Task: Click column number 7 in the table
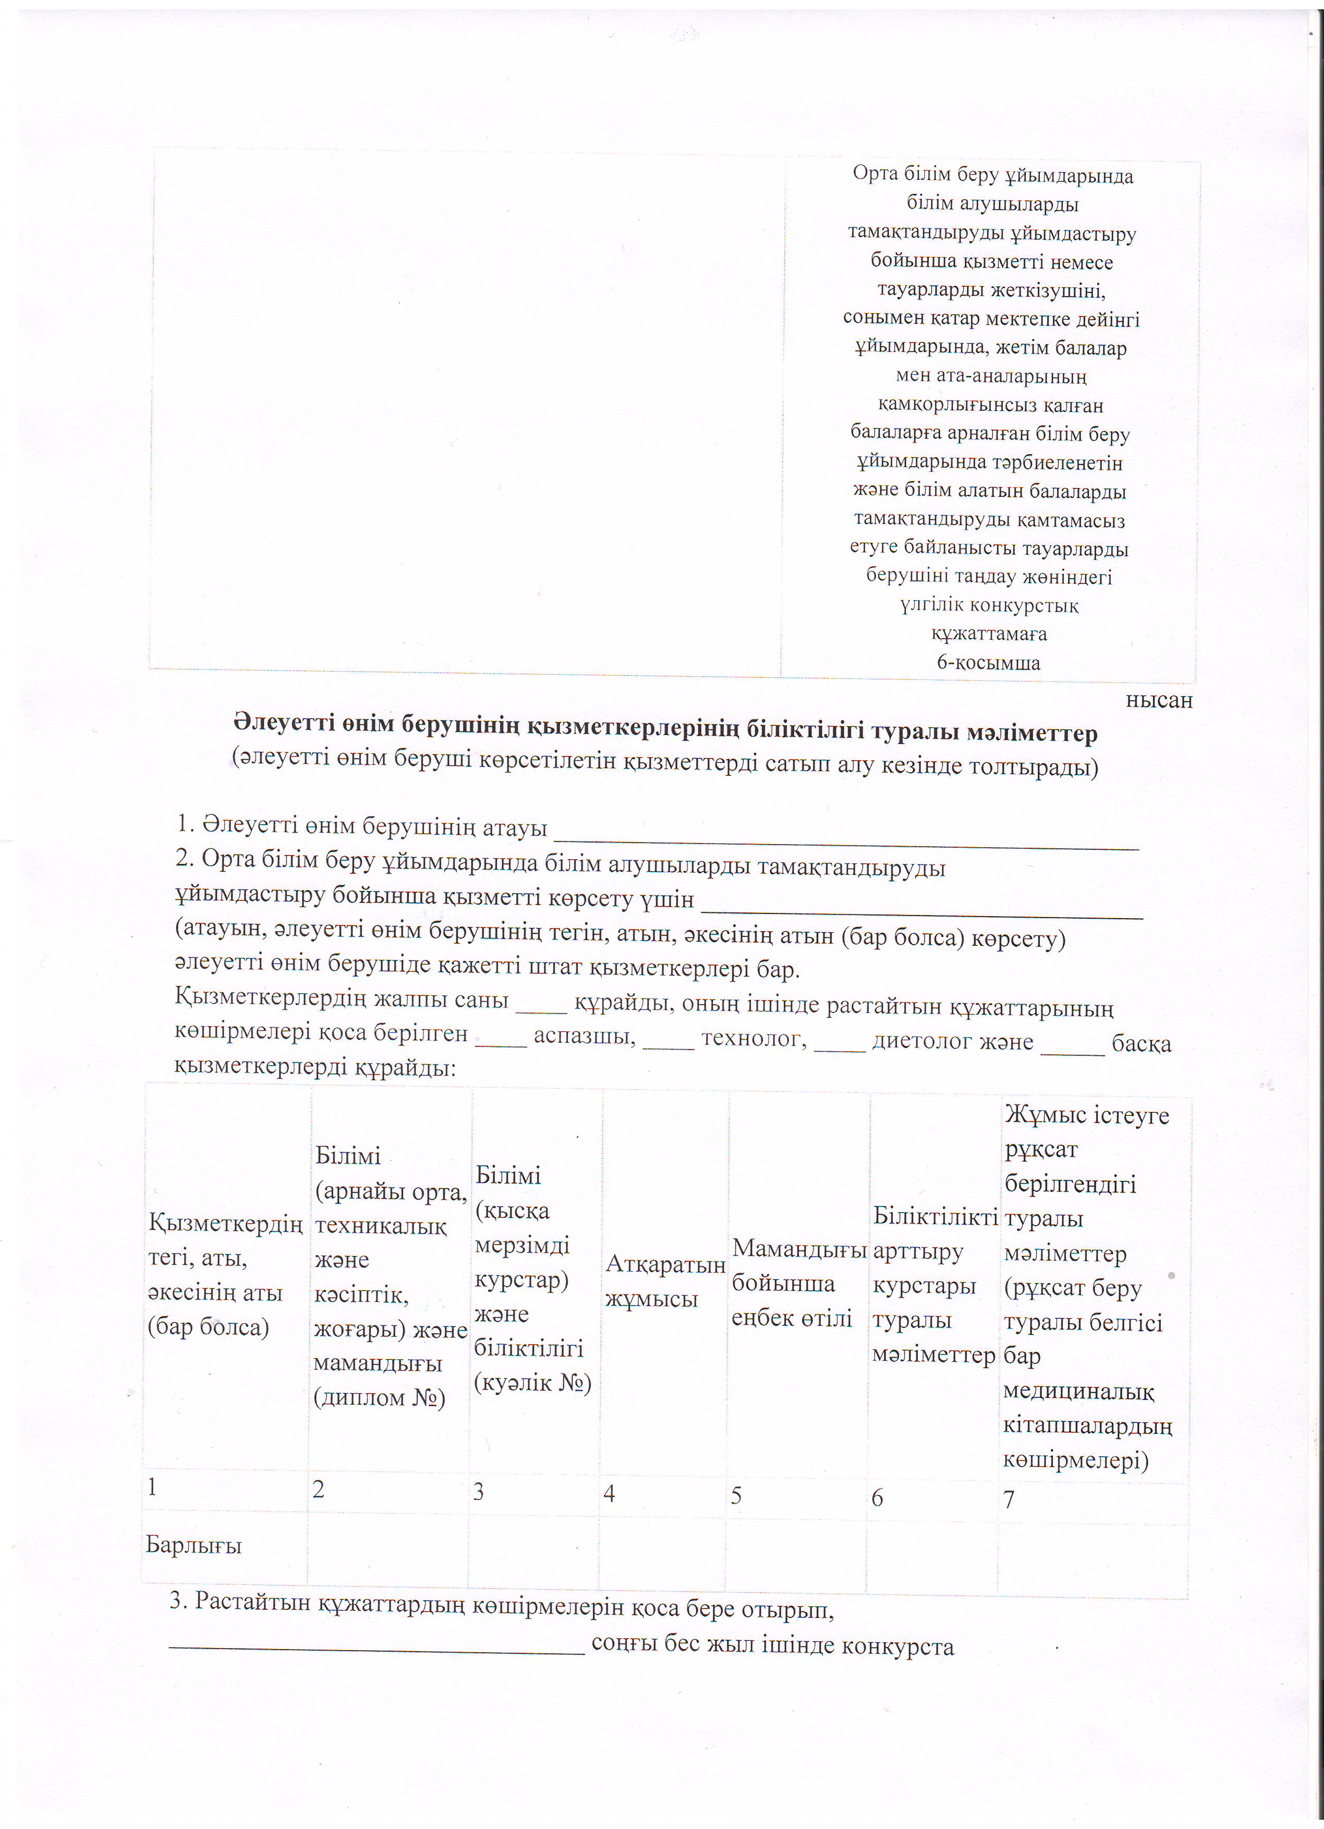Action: point(1008,1499)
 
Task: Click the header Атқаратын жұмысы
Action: point(664,1282)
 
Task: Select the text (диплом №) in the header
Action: point(379,1397)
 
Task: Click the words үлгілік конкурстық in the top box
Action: point(989,605)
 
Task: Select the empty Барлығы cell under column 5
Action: point(795,1552)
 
